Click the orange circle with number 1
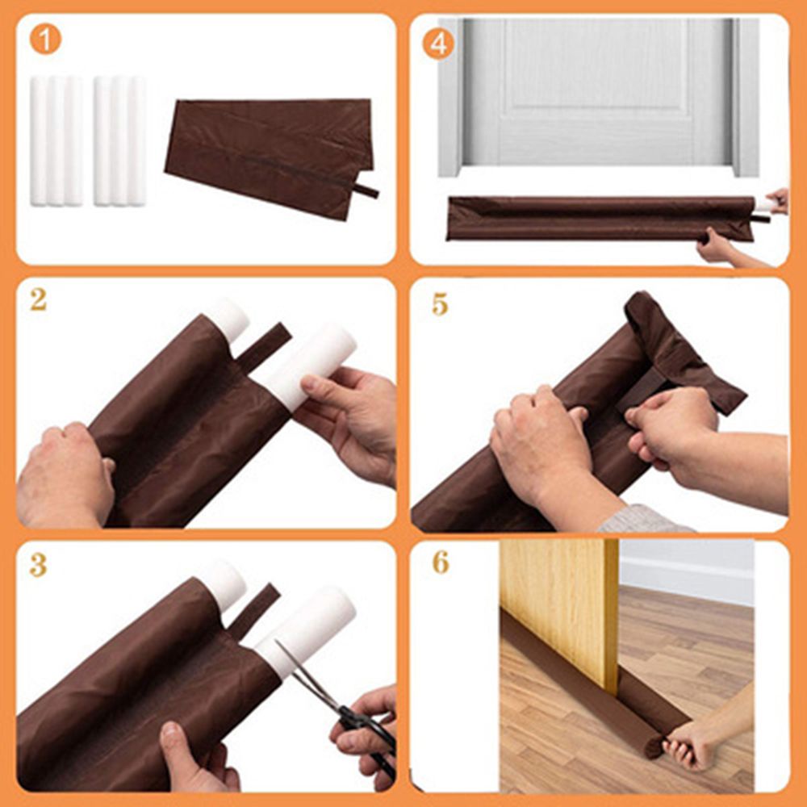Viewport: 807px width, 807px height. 45,40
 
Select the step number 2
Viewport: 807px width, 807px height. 38,300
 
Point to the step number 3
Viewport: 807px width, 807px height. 38,564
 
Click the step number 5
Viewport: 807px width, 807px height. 440,305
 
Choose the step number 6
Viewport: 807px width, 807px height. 440,562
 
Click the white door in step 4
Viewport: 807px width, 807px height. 597,89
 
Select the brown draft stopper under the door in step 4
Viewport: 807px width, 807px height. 597,218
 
